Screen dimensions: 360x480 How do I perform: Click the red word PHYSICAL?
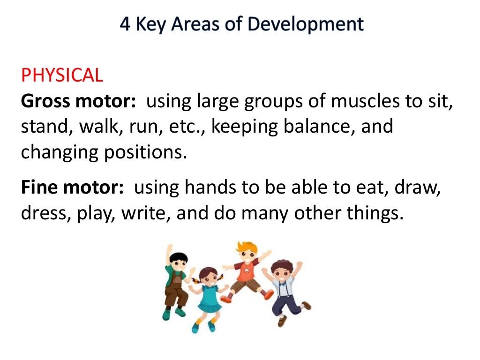coord(62,75)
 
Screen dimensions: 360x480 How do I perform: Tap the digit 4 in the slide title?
coord(125,24)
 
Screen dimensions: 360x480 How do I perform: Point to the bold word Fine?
coord(39,187)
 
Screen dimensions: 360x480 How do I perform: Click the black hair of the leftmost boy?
coord(179,257)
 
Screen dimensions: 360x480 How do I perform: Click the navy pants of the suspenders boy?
coord(285,305)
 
